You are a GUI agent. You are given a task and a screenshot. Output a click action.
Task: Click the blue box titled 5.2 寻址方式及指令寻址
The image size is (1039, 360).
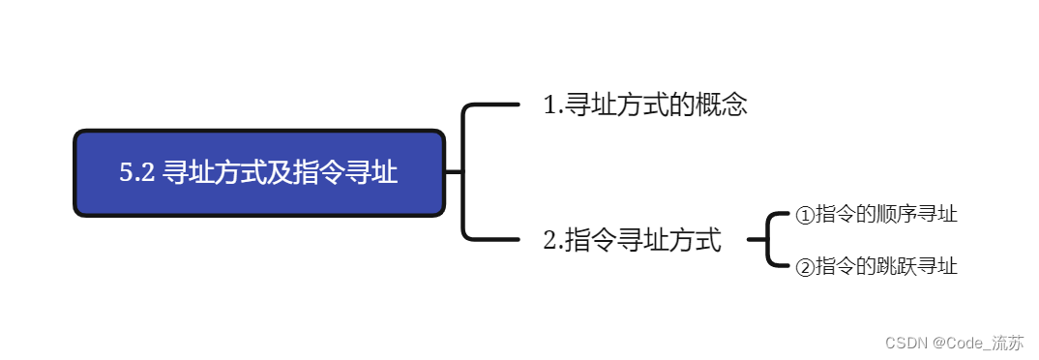click(259, 173)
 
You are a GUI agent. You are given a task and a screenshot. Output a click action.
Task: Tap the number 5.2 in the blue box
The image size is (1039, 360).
click(136, 174)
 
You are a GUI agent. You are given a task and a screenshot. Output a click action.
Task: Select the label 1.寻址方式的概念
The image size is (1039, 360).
click(645, 105)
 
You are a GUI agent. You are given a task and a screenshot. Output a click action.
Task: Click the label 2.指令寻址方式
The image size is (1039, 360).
click(633, 240)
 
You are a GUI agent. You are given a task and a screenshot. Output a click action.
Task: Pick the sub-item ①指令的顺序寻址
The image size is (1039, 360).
click(876, 215)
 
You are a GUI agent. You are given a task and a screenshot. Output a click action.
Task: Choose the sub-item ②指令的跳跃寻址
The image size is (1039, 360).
click(876, 266)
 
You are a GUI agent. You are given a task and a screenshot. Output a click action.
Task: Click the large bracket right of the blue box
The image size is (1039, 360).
click(465, 171)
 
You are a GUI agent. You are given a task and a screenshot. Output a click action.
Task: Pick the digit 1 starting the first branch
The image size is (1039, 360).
click(549, 105)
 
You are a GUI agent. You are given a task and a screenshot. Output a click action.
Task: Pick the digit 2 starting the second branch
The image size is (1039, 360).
click(549, 240)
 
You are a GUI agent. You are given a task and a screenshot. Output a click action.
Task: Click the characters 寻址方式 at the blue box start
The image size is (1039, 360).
click(211, 174)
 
